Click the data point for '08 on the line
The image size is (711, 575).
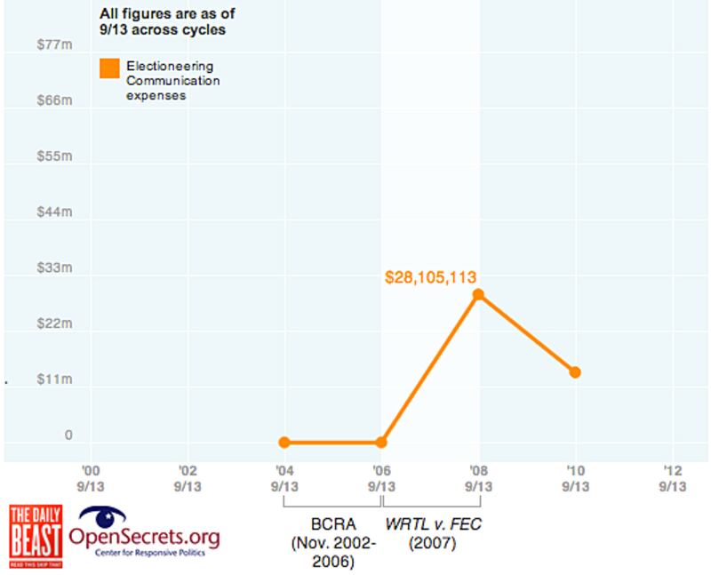click(478, 294)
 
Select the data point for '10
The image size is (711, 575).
click(575, 371)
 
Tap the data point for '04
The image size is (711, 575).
click(284, 442)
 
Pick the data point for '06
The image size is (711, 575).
click(381, 442)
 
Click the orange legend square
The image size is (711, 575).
click(110, 68)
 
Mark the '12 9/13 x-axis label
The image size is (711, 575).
click(673, 479)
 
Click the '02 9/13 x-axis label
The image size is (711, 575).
click(187, 479)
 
